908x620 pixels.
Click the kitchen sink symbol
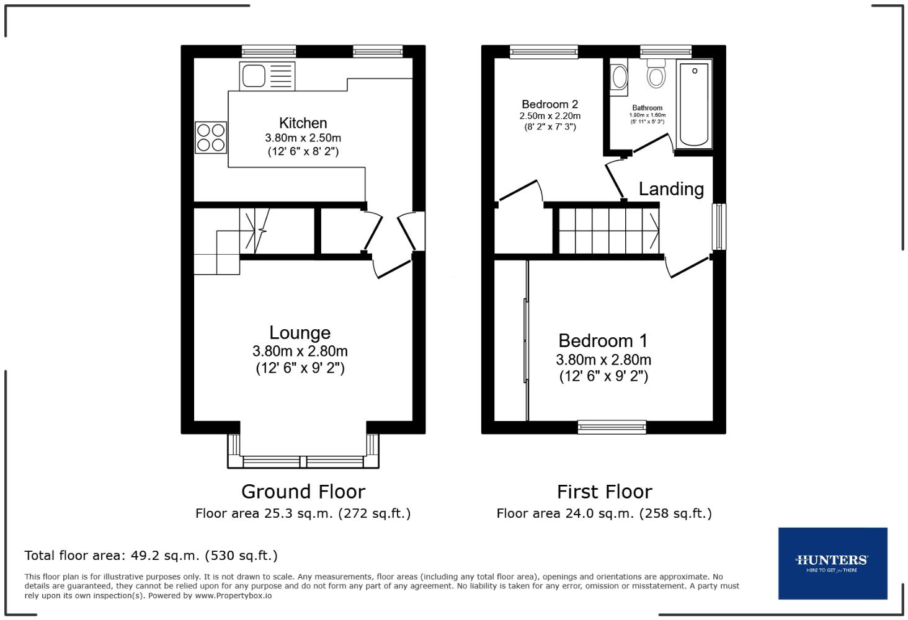pos(267,76)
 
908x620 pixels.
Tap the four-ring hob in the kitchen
pos(211,138)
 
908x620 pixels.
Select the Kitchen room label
pos(303,123)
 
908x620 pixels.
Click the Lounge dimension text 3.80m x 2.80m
pos(300,351)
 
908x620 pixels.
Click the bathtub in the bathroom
pos(694,104)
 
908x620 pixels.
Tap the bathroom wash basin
pos(619,77)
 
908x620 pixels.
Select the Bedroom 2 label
pos(550,104)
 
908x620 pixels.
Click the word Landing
pos(671,189)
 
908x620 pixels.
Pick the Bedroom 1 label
pos(603,340)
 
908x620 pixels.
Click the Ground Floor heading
pos(303,492)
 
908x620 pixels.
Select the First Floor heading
pos(604,492)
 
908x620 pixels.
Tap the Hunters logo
pos(832,563)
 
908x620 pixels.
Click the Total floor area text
pos(151,556)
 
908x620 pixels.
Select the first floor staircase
pos(608,231)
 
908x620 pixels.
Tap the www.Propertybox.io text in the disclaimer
pos(233,595)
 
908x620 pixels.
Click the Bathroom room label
pos(647,108)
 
